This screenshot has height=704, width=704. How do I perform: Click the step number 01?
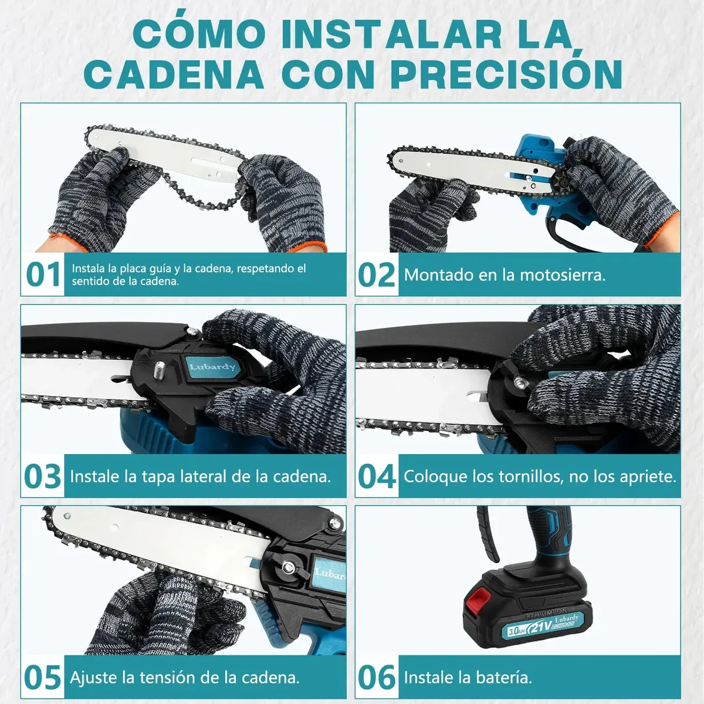43,274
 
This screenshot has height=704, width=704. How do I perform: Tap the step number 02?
376,274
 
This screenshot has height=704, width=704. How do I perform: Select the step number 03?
42,476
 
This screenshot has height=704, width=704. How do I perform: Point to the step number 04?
377,476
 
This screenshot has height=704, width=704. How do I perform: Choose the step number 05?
42,677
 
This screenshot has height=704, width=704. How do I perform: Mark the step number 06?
377,677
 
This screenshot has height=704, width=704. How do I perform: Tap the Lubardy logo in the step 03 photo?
212,366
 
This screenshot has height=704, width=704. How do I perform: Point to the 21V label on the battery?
540,627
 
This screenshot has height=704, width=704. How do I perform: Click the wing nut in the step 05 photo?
288,567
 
